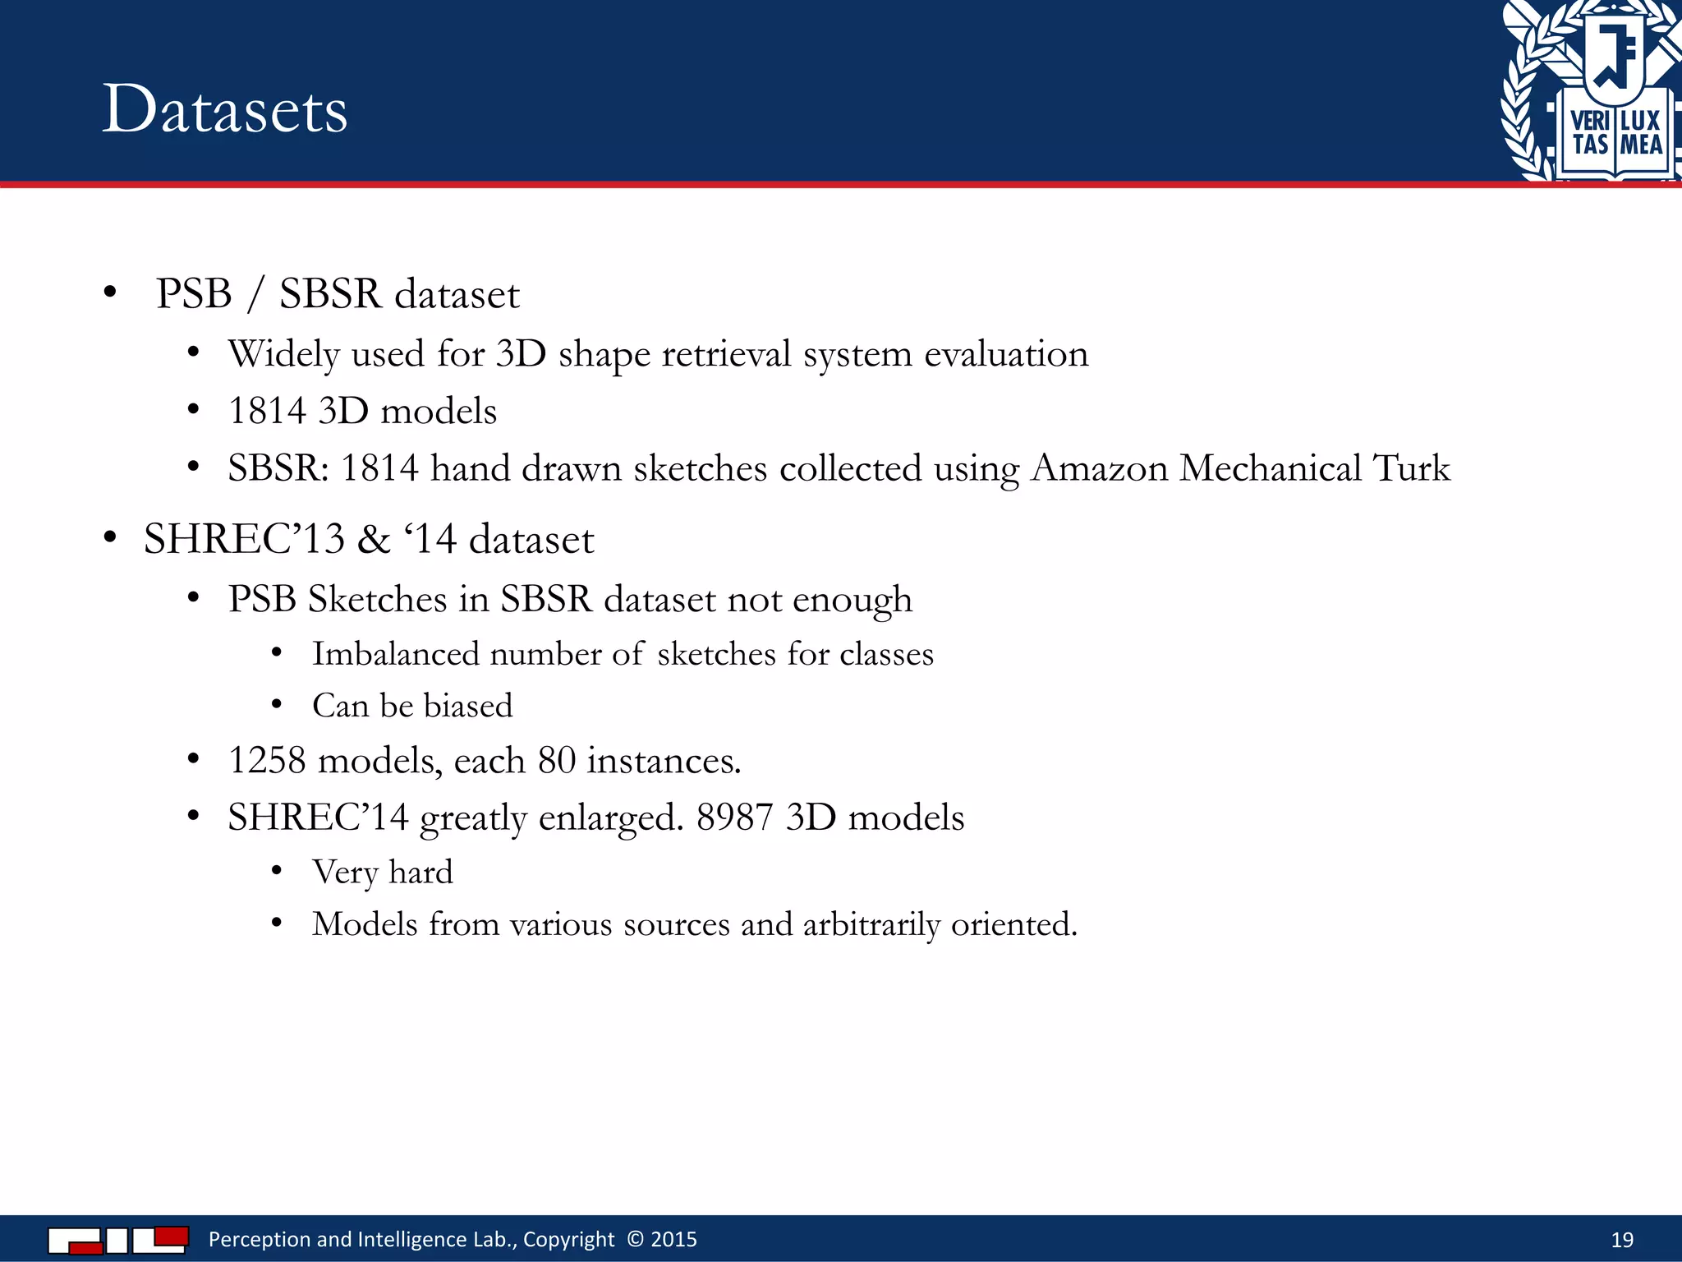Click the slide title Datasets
pos(225,109)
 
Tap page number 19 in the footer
pos(1622,1240)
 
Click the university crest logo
pos(1592,90)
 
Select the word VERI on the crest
pos(1589,121)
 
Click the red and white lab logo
pos(118,1240)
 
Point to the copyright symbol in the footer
pos(635,1239)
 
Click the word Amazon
pos(1099,468)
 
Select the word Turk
pos(1412,468)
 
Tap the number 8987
pos(734,818)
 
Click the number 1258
pos(267,761)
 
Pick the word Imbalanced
pos(396,655)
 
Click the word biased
pos(468,707)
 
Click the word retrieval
pos(726,355)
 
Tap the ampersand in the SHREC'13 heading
pos(374,540)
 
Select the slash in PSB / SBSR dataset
pos(255,294)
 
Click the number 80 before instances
pos(557,761)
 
